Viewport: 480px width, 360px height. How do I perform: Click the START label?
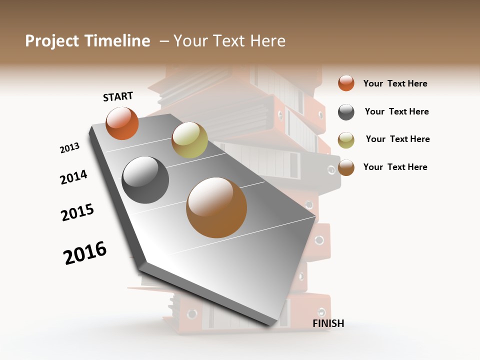118,96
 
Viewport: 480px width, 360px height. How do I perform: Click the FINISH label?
328,323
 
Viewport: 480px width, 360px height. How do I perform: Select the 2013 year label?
69,148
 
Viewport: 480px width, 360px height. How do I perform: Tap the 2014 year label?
73,177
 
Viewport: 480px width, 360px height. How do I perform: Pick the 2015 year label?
77,212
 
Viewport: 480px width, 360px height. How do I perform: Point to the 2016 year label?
85,253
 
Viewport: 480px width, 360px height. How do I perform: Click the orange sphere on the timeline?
122,123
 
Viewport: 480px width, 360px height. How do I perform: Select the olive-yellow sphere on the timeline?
189,139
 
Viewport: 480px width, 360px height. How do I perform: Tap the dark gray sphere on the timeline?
145,179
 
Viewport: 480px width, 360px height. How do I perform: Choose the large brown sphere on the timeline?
216,207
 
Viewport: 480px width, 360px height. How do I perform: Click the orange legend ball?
346,83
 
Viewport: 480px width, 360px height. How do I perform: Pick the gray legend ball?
346,112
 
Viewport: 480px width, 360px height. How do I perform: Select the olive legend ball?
346,140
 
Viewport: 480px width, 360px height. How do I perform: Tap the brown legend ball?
346,168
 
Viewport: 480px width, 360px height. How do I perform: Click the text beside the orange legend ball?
395,83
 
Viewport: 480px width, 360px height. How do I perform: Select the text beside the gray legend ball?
396,111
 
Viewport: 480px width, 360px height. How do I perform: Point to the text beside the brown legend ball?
395,167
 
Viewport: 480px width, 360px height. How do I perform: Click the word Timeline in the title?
117,41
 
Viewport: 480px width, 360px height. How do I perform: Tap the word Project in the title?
51,41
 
